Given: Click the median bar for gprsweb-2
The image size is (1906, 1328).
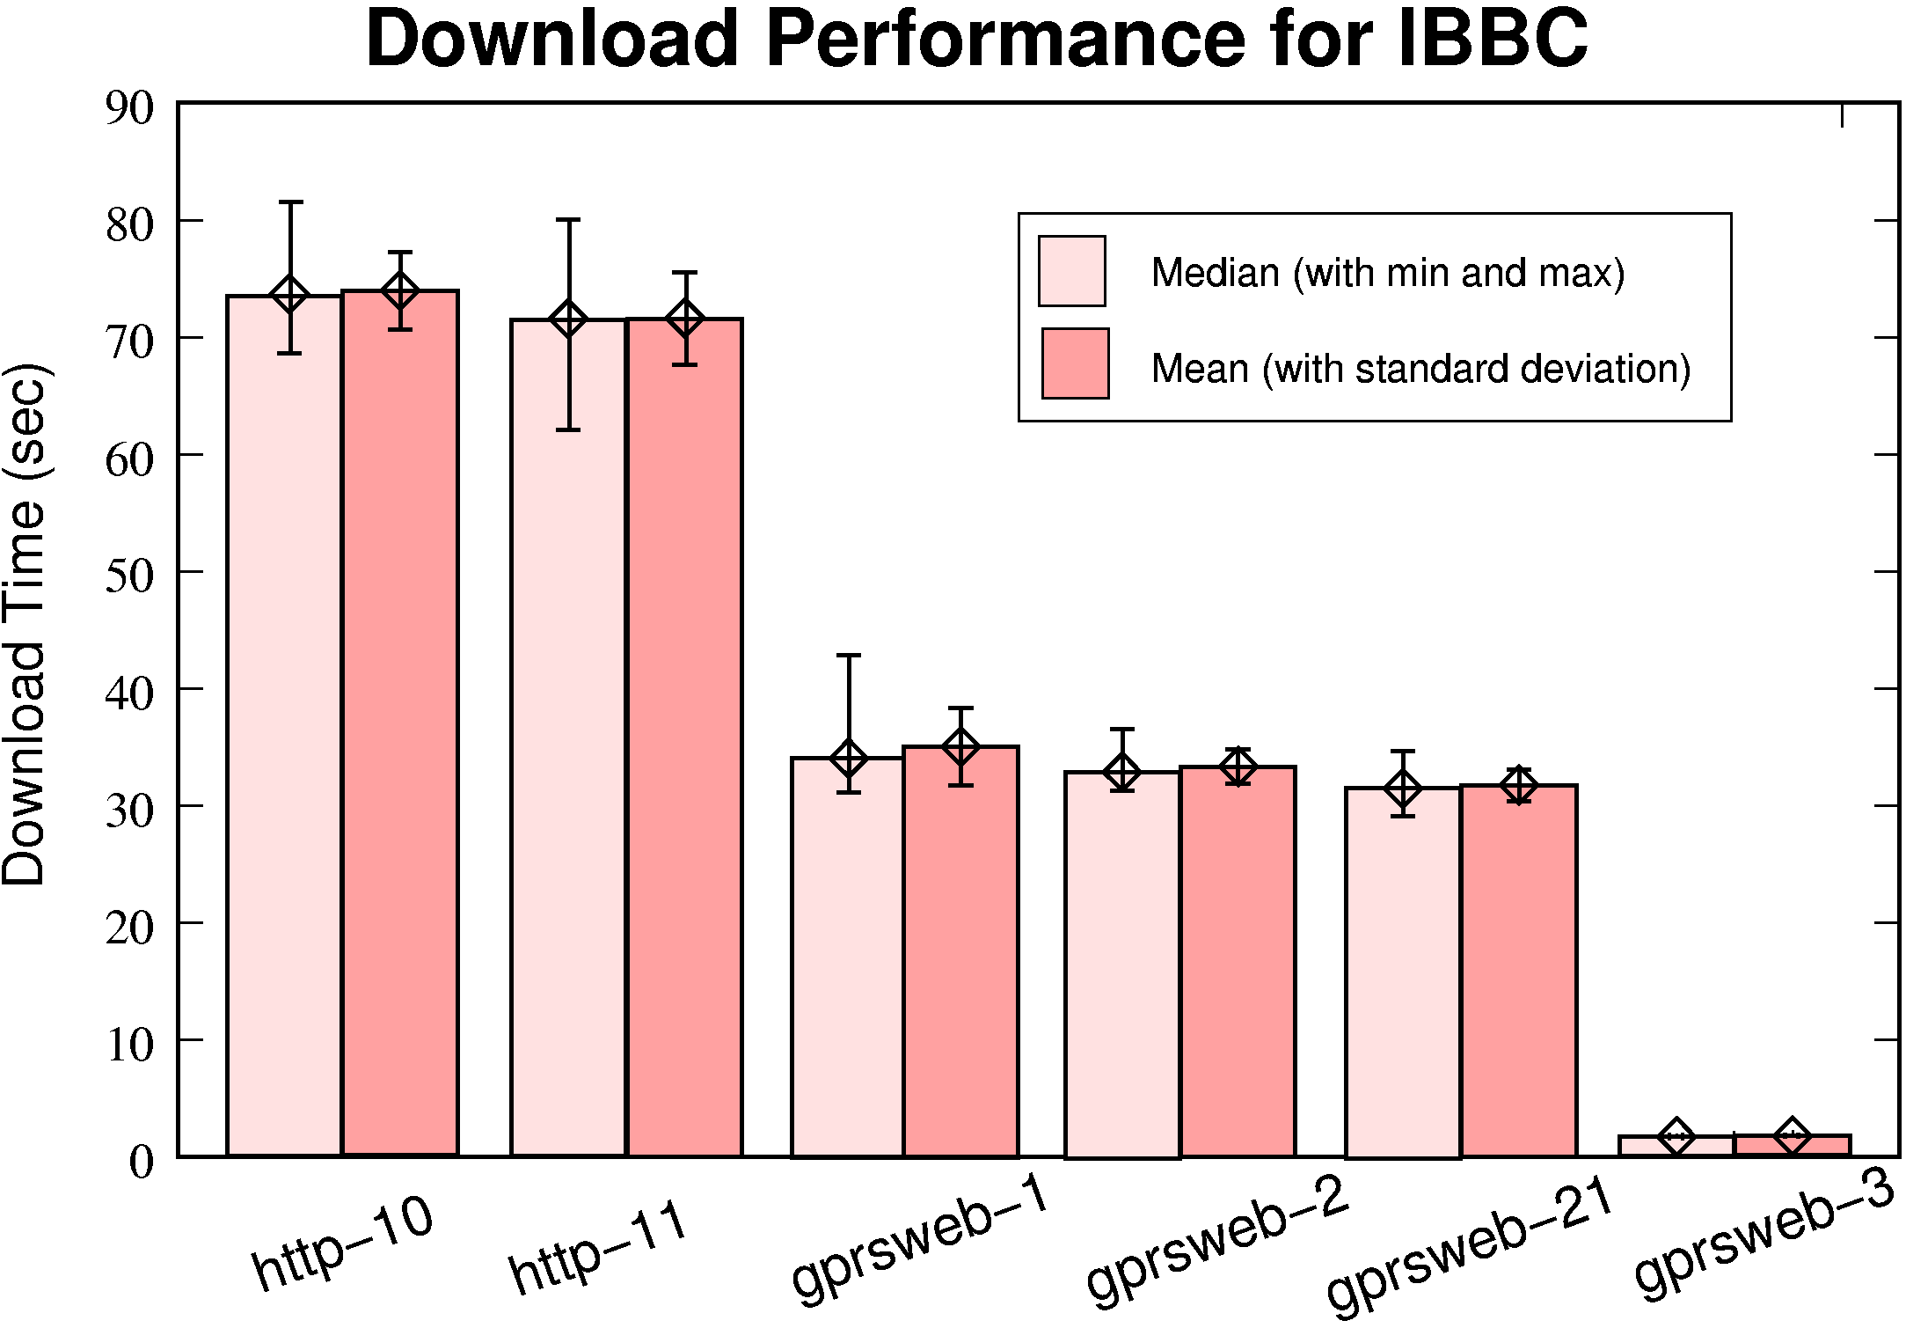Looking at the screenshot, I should click(1121, 968).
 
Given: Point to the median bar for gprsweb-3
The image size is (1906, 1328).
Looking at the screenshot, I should click(1676, 1146).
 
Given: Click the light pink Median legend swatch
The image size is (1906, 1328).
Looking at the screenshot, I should click(1071, 271).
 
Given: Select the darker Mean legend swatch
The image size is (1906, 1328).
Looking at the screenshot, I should click(1075, 364).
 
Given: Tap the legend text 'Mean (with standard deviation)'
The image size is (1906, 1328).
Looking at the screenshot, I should click(1420, 369).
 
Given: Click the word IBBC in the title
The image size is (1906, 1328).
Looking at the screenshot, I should click(1492, 40).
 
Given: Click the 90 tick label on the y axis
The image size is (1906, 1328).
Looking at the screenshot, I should click(129, 108).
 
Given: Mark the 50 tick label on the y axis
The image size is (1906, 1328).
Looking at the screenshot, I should click(129, 576).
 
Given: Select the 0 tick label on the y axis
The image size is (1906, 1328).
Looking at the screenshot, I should click(141, 1163).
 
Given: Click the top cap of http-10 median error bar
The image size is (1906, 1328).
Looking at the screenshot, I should click(290, 202).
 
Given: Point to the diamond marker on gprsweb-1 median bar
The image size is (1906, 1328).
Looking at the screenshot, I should click(849, 759).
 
